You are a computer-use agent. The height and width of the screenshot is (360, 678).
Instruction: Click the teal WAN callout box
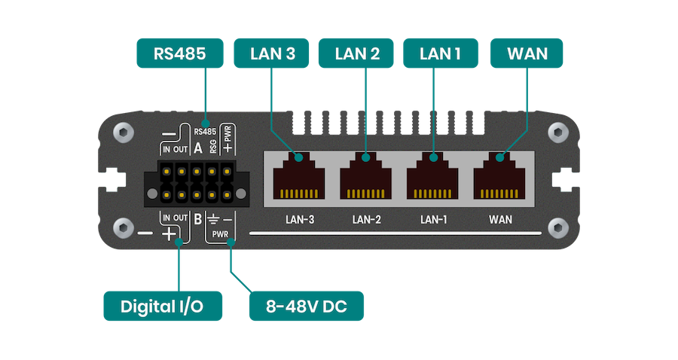pos(526,54)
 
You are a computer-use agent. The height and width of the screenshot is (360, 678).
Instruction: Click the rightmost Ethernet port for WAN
pos(500,178)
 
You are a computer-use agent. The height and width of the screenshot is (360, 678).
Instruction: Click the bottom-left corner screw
pos(121,227)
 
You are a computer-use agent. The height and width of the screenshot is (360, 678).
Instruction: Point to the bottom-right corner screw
pos(557,227)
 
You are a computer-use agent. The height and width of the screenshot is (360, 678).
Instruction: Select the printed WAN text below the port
pos(500,220)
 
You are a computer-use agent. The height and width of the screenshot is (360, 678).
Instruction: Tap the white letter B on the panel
pos(197,219)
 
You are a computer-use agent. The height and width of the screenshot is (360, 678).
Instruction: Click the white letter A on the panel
pos(197,148)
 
